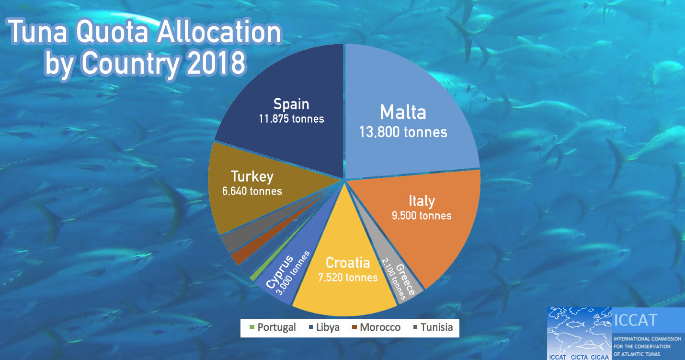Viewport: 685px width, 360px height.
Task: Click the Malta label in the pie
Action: pos(403,112)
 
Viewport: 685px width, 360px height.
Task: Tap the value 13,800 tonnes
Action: pos(403,132)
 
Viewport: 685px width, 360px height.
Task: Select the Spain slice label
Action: pos(291,104)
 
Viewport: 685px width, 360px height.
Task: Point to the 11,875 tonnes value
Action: pos(291,118)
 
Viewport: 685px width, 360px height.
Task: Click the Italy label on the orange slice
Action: pos(422,200)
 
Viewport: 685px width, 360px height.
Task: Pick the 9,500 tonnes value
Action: pos(422,216)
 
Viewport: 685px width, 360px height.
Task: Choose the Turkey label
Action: pos(252,176)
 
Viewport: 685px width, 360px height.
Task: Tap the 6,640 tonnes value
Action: pos(252,191)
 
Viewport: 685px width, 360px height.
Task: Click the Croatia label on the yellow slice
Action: pos(348,263)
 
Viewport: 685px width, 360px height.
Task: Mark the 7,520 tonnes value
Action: pos(348,278)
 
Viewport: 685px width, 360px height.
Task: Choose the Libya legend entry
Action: pos(328,327)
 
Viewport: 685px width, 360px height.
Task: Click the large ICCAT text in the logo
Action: pos(635,320)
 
